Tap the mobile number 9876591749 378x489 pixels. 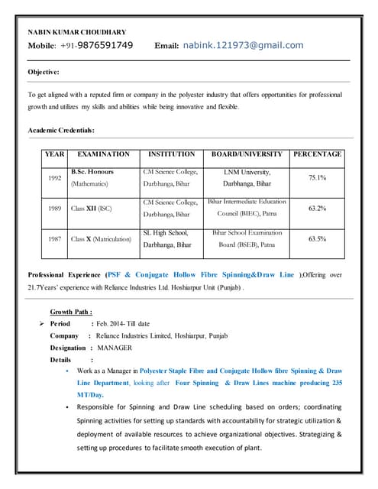click(101, 45)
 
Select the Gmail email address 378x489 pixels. click(243, 45)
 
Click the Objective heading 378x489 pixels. click(44, 72)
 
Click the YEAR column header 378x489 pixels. click(54, 154)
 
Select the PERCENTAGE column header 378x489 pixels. click(317, 154)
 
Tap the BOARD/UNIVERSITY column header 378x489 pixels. click(247, 154)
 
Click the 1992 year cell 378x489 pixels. click(54, 178)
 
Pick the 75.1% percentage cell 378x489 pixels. click(317, 178)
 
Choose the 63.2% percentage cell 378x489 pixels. click(317, 208)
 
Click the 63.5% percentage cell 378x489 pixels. click(317, 238)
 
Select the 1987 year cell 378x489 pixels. click(54, 238)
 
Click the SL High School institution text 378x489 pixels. click(166, 232)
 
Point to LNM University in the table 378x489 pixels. click(247, 173)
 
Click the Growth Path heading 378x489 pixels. click(72, 312)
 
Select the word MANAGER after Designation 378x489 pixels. click(115, 348)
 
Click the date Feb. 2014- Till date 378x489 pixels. click(123, 324)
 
